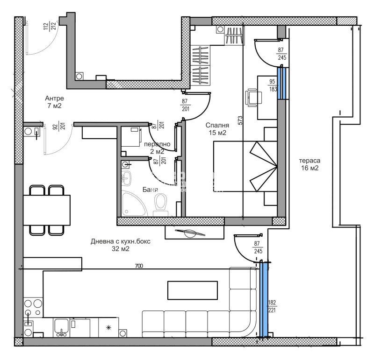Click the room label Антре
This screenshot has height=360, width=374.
54,99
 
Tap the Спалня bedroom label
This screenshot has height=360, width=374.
217,126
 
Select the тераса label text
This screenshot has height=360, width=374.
309,161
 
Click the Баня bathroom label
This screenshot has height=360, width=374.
151,190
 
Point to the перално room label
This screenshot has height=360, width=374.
154,145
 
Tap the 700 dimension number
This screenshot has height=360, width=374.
139,266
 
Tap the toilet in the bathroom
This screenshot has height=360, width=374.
160,204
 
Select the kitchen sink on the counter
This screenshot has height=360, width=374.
62,326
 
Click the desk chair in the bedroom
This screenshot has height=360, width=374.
254,98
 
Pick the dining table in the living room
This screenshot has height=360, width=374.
47,210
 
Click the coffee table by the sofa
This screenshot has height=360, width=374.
193,290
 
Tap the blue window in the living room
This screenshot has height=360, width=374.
264,299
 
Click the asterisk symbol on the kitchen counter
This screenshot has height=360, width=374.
110,328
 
